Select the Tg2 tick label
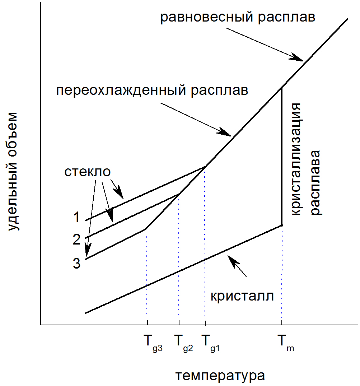(x=183, y=340)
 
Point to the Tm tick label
(x=286, y=340)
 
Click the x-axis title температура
(x=220, y=376)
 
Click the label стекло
(x=87, y=172)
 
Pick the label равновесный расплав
(x=238, y=17)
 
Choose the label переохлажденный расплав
(x=152, y=90)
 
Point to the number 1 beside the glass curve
(x=77, y=218)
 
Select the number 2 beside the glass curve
(x=77, y=239)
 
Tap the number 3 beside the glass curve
(x=77, y=263)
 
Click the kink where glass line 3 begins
(x=145, y=229)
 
